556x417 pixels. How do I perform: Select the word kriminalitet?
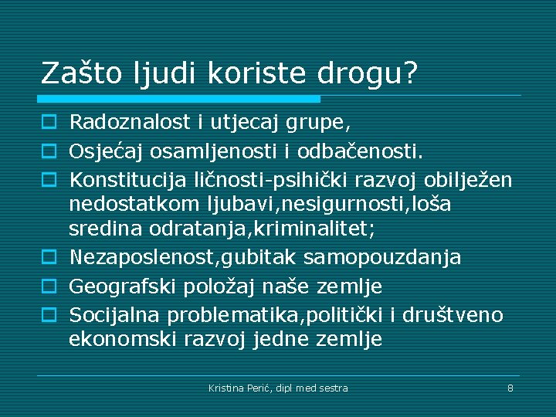pos(322,229)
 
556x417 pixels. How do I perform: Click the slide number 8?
pos(510,388)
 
